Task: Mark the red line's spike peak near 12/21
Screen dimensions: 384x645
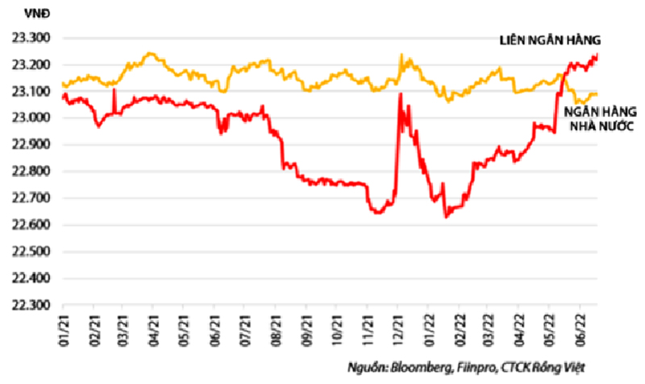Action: pos(401,93)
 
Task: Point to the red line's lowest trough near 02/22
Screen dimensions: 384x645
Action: pos(446,217)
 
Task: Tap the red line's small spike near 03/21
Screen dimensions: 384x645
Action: pos(114,90)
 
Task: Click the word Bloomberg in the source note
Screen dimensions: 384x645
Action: pos(414,368)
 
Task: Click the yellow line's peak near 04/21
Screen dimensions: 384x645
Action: pos(150,54)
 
